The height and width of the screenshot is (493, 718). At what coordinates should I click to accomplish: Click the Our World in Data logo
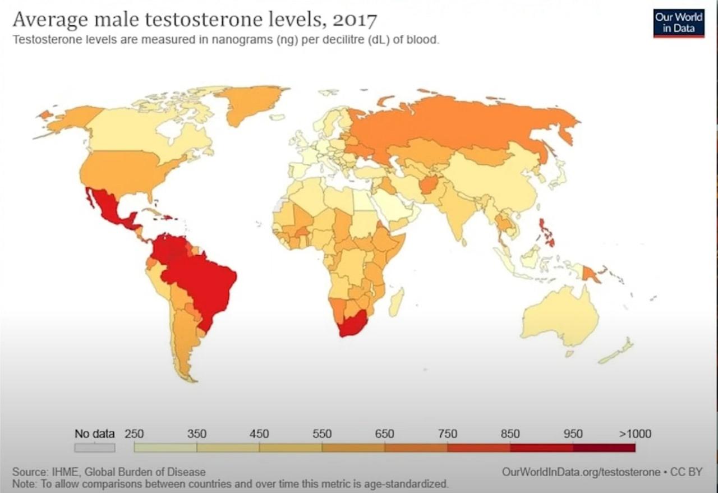(x=679, y=23)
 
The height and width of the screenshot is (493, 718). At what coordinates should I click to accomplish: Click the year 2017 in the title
(x=355, y=20)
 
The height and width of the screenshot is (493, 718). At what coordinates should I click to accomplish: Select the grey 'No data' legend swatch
(x=95, y=448)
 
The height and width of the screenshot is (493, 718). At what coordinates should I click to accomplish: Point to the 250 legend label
(x=134, y=434)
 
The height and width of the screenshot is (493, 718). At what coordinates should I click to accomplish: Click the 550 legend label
(x=322, y=434)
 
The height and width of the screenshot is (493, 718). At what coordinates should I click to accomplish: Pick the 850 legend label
(x=510, y=434)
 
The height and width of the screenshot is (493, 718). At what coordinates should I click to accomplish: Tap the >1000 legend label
(x=635, y=434)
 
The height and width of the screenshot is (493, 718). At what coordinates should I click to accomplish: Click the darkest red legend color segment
(x=604, y=448)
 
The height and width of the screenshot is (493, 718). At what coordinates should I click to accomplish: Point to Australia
(x=561, y=317)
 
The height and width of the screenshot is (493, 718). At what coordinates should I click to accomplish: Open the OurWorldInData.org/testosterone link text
(x=581, y=472)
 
